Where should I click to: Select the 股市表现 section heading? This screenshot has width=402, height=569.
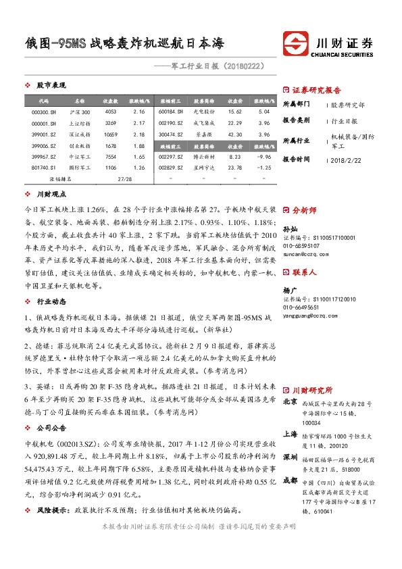[51, 85]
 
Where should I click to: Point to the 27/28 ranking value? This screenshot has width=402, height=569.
[124, 180]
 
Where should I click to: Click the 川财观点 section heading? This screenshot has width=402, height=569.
[51, 194]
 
